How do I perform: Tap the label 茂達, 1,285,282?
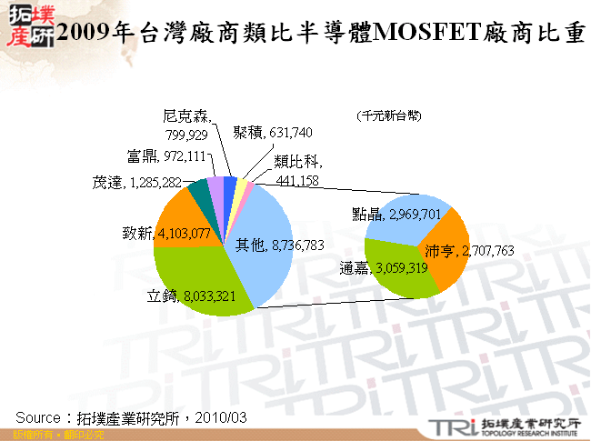pos(137,183)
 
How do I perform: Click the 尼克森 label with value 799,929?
pos(185,125)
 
